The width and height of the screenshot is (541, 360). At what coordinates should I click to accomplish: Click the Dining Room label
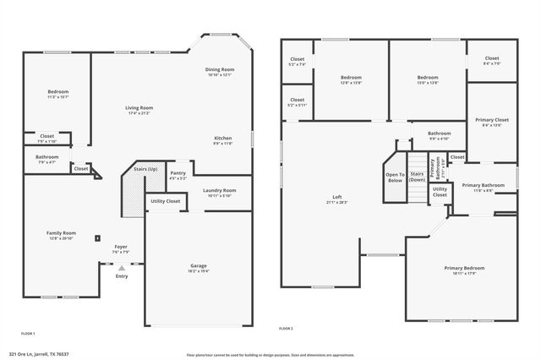click(x=220, y=69)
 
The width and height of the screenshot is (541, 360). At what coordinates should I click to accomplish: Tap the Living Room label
click(x=139, y=108)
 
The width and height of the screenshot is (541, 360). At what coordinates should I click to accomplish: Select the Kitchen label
click(x=223, y=138)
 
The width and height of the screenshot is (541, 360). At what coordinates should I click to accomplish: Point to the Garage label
click(x=198, y=266)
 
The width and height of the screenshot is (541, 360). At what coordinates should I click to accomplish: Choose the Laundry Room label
click(x=219, y=190)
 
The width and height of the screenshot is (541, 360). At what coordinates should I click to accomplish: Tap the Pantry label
click(x=178, y=173)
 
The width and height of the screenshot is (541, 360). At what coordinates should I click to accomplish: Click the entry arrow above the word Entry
click(x=121, y=268)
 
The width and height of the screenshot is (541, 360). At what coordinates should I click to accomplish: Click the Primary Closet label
click(x=491, y=120)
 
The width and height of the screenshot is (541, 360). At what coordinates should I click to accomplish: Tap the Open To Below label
click(x=395, y=177)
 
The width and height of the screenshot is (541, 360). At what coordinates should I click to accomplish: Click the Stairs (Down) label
click(x=417, y=177)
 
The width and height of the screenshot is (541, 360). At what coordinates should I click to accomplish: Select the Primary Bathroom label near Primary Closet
click(x=483, y=185)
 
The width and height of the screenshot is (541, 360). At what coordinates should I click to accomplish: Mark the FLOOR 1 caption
click(x=28, y=334)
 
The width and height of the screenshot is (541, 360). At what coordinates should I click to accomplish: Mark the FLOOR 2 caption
click(x=286, y=328)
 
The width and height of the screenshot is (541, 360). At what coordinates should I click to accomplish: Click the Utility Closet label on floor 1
click(x=165, y=201)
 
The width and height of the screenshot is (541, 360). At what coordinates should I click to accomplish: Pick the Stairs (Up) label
click(x=145, y=169)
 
